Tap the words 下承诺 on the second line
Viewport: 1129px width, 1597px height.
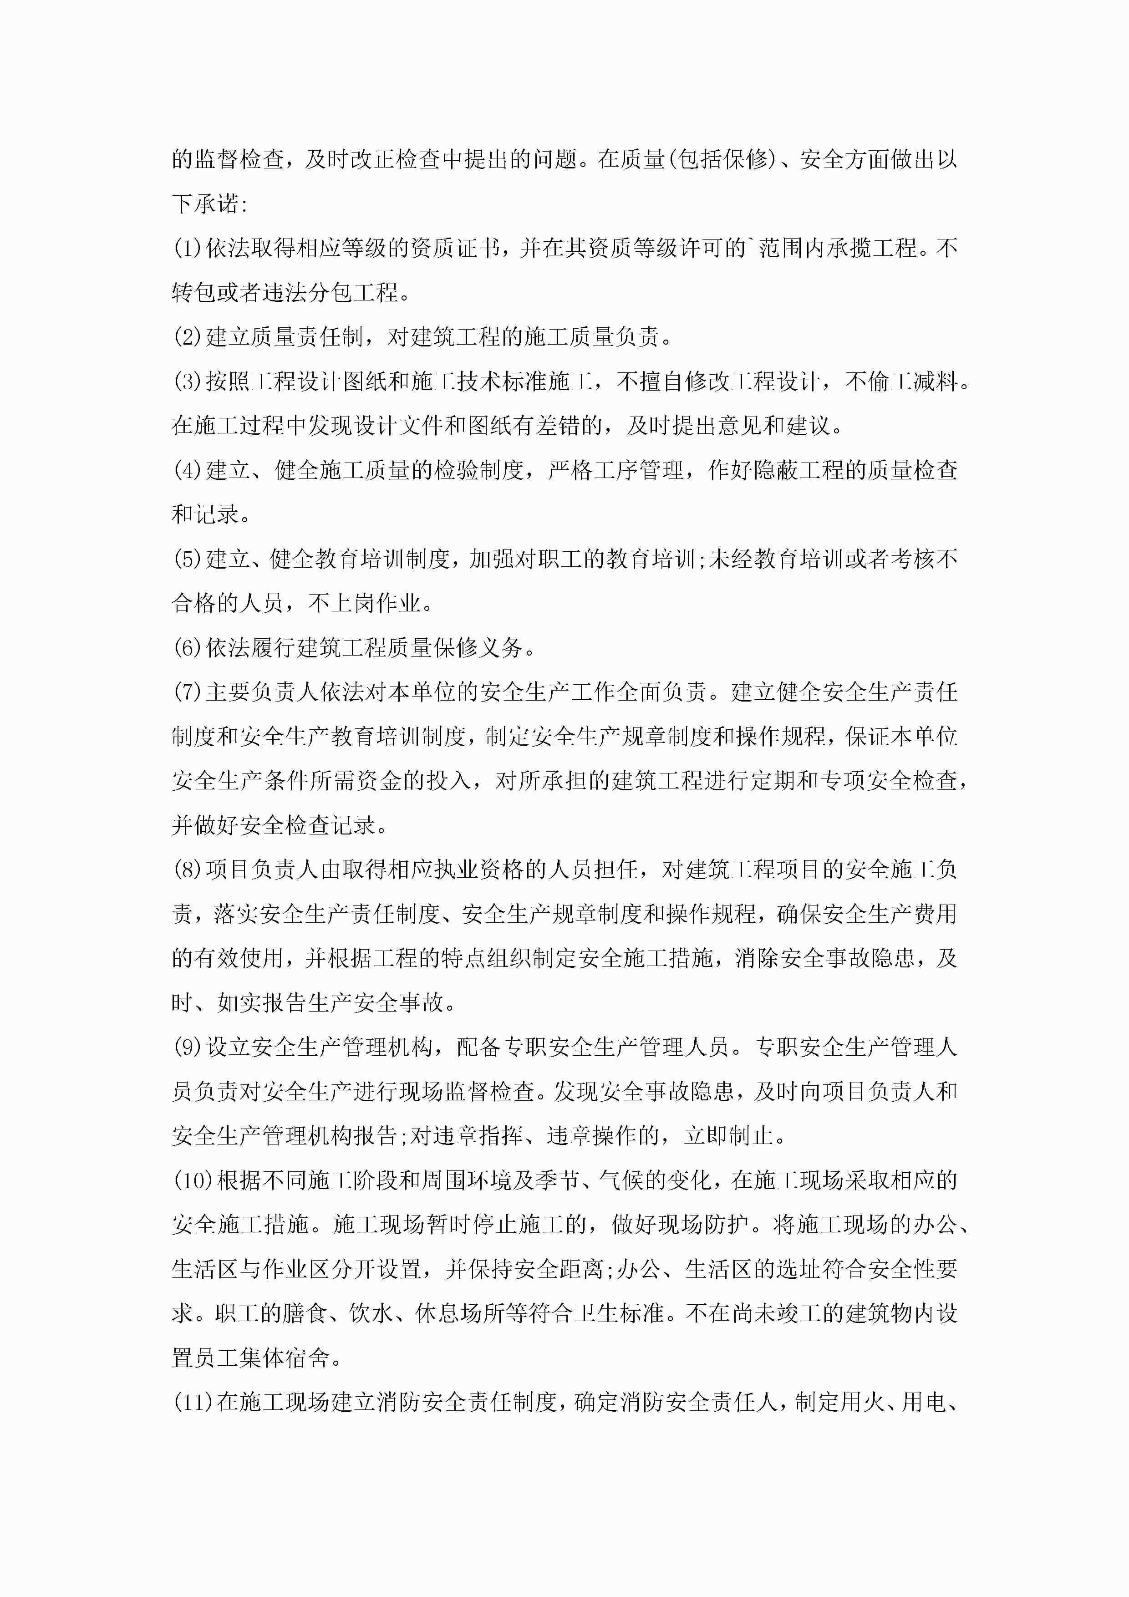click(205, 204)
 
